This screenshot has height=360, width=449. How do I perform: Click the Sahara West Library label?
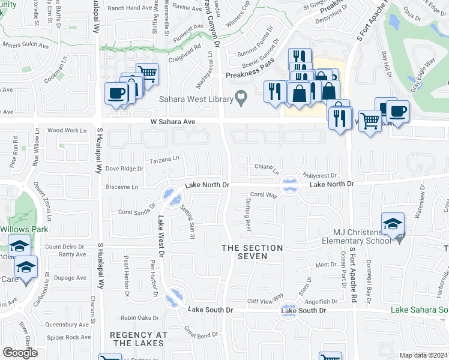[x=196, y=99]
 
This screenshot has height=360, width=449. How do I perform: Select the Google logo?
[x=20, y=353]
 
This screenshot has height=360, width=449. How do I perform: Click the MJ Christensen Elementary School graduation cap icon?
[x=393, y=224]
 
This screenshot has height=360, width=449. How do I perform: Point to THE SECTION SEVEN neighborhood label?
[x=252, y=252]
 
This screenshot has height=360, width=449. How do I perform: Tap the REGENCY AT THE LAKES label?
[x=137, y=338]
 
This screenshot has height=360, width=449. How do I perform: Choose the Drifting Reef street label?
[x=248, y=217]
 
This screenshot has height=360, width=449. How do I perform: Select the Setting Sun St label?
[x=187, y=221]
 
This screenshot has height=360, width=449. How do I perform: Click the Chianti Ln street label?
[x=267, y=169]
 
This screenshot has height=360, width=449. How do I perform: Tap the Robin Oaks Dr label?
[x=139, y=317]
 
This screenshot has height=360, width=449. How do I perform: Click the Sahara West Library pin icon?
[x=241, y=96]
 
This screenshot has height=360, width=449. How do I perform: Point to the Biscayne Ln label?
[x=122, y=187]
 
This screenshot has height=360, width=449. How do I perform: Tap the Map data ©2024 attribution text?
[x=424, y=355]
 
